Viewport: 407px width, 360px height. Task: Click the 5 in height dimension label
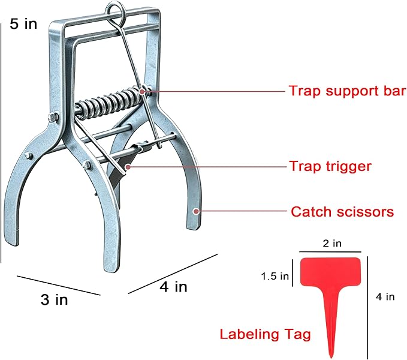tap(23, 23)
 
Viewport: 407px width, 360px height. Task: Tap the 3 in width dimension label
tap(55, 299)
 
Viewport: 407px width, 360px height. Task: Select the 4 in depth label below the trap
tap(173, 287)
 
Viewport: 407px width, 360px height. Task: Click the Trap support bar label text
tap(348, 91)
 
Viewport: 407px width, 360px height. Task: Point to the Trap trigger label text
tap(330, 166)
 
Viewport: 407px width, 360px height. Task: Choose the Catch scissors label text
tap(342, 212)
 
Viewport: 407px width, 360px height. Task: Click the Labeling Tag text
tap(265, 335)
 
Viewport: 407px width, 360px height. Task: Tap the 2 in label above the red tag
tap(332, 244)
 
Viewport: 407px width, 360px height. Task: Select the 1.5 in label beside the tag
tap(275, 276)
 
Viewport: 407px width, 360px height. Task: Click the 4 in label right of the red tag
tap(385, 296)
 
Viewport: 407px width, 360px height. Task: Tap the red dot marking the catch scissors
tap(196, 211)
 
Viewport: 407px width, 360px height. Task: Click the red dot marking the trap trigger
tap(128, 167)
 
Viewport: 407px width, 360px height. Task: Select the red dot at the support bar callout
tap(141, 91)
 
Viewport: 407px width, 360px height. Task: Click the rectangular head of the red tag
tap(330, 272)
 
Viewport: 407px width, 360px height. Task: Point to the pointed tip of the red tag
tap(331, 356)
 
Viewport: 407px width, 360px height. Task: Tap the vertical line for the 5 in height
tap(1, 143)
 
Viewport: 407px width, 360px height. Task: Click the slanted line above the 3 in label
tap(59, 286)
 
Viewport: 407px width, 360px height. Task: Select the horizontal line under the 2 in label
tap(330, 251)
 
